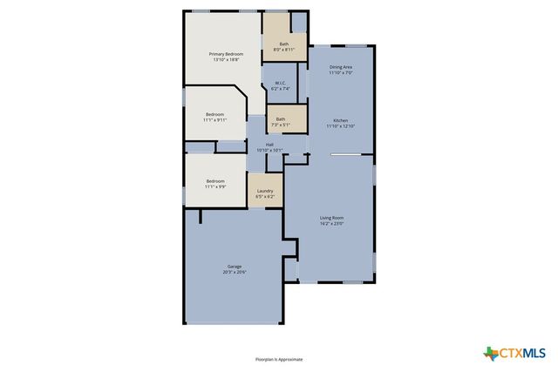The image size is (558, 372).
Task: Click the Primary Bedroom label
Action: pos(226,54)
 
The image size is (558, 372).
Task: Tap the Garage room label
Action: pos(235,266)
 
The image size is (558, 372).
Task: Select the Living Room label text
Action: pos(331,218)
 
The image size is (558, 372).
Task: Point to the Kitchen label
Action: pos(341,120)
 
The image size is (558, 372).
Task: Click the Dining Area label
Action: pos(341,67)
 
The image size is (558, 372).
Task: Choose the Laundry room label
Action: pos(265,191)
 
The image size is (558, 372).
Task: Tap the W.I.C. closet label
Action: pos(279,83)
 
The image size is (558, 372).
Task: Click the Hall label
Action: pos(269,145)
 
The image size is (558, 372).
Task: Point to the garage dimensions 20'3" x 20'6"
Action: pos(235,273)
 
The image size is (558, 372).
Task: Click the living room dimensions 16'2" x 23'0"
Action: pos(331,224)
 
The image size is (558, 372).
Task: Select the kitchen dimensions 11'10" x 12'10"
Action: pos(341,126)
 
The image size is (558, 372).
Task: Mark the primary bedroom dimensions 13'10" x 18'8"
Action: pos(226,60)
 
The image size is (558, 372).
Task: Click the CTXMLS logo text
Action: pos(522,353)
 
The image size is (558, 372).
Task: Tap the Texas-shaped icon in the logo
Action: pos(490,353)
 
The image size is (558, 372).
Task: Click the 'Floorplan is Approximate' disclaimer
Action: pos(279,359)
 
